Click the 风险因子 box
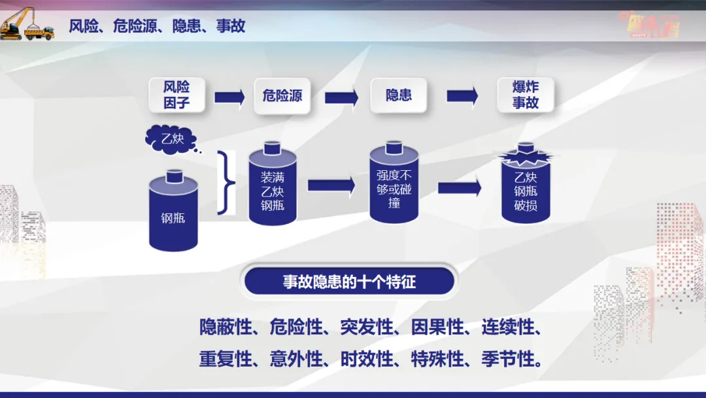(176, 96)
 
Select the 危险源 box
(282, 96)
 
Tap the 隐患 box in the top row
(399, 95)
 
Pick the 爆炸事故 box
(525, 96)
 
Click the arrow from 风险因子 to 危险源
(229, 97)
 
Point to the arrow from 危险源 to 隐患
(341, 97)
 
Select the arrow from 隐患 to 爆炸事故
(462, 96)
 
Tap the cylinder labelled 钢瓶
(173, 213)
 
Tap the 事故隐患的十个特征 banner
(349, 282)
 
